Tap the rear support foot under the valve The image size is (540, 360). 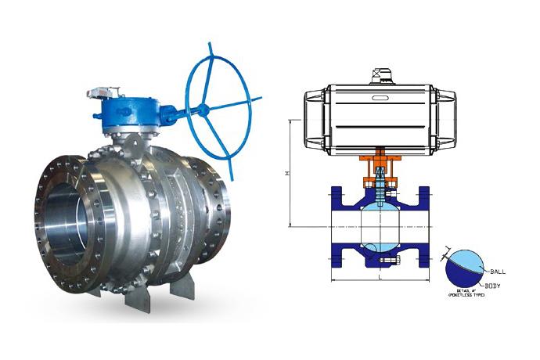(182, 286)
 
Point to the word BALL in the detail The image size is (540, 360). (499, 271)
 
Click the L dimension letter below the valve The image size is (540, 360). (380, 276)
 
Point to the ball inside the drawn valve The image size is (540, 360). (380, 226)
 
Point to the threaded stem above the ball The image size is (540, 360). (380, 188)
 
